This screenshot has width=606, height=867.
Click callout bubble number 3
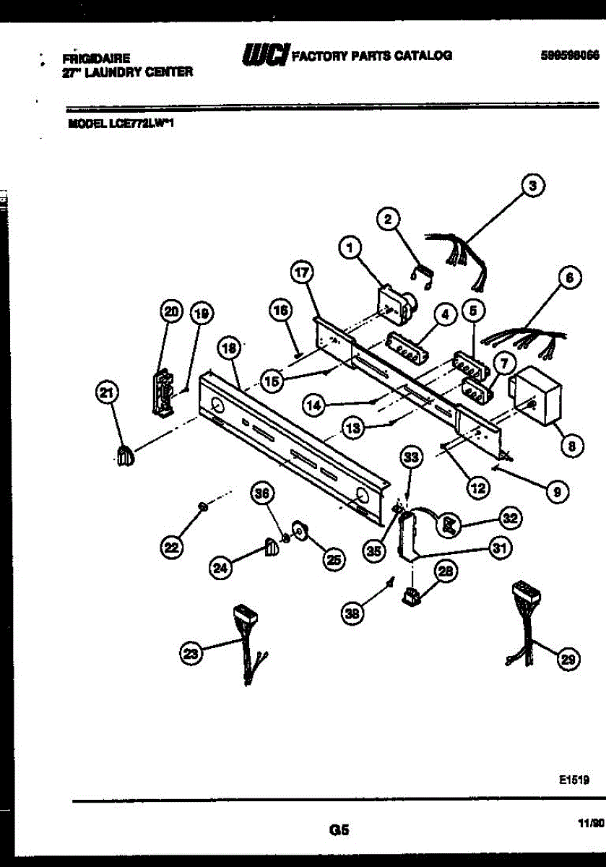[532, 186]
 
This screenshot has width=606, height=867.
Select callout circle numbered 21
[107, 393]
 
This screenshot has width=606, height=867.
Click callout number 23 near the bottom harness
[190, 654]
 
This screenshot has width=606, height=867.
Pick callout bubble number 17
[301, 273]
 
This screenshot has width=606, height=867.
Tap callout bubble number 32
[511, 517]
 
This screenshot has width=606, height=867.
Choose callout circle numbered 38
[353, 613]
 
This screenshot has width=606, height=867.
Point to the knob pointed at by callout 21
[126, 456]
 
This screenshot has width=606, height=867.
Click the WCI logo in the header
[267, 54]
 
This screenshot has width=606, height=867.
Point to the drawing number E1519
[574, 780]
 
